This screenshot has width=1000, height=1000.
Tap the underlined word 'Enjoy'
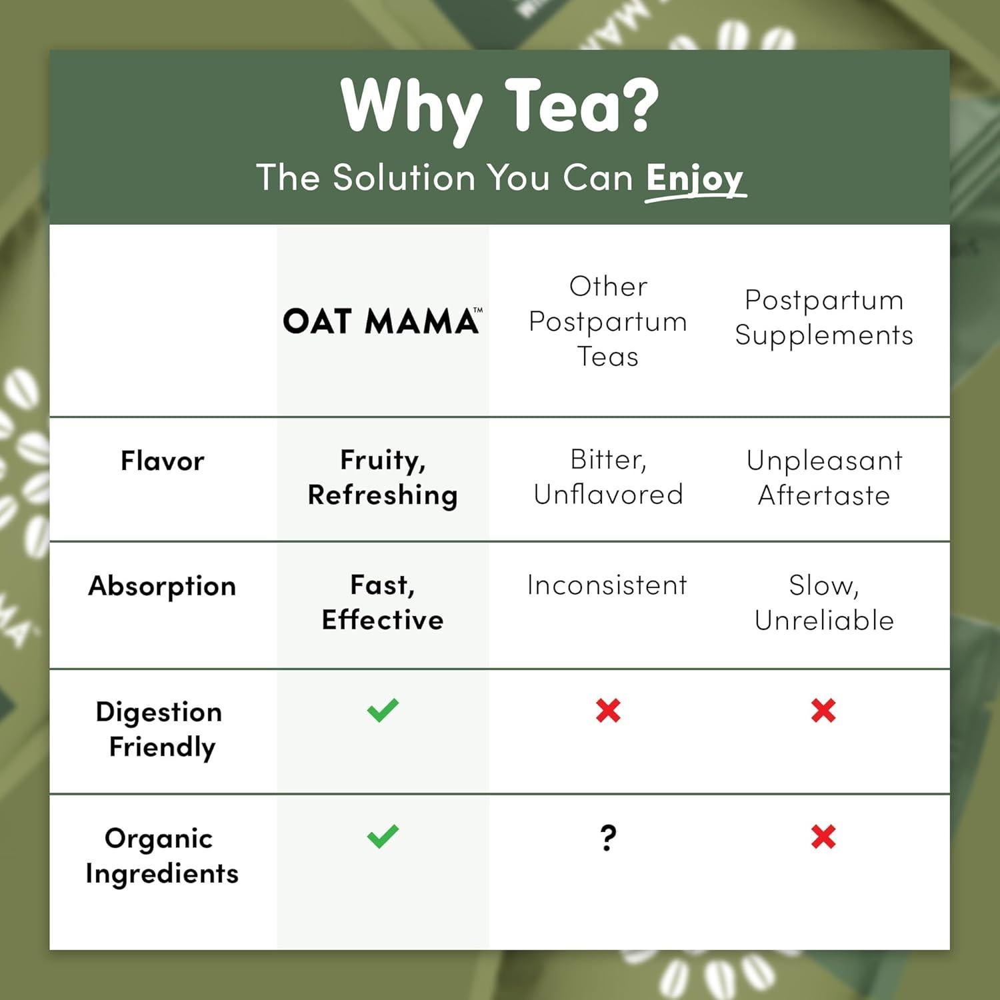(x=695, y=179)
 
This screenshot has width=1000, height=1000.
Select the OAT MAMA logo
(x=382, y=321)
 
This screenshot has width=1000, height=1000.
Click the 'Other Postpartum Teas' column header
(x=607, y=321)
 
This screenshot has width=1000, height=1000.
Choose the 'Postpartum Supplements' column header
(x=824, y=317)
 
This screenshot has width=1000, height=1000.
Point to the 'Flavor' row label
(x=162, y=461)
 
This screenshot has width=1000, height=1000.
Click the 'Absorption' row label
(x=162, y=586)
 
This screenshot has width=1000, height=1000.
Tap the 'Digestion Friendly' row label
(x=160, y=729)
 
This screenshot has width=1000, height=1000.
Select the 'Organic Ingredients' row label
(x=161, y=855)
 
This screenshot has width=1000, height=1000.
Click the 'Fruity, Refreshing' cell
(x=383, y=477)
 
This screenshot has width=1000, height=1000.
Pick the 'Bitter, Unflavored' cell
(x=608, y=477)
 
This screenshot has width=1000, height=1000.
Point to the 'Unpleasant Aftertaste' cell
(x=824, y=477)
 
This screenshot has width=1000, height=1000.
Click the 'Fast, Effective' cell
(x=383, y=603)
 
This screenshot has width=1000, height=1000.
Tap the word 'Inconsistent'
(x=607, y=585)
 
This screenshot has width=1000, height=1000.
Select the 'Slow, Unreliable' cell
(x=824, y=603)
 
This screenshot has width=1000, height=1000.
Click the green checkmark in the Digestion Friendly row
(x=383, y=711)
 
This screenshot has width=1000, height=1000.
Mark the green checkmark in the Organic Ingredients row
(x=383, y=837)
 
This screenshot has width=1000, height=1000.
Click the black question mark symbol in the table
(x=608, y=838)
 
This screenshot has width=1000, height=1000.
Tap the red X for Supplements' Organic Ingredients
(x=823, y=837)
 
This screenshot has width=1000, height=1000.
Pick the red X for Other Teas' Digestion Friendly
(x=608, y=711)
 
